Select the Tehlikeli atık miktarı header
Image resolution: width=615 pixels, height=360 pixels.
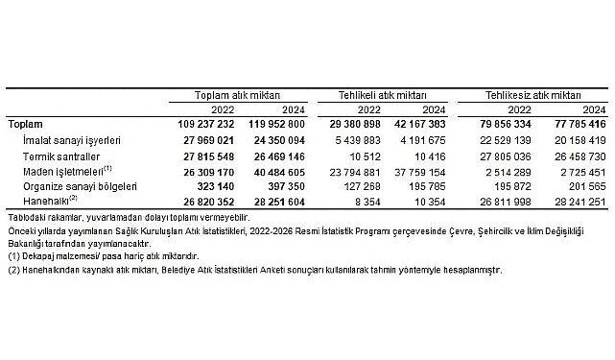click(378, 97)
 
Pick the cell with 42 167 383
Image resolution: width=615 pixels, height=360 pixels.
click(417, 125)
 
